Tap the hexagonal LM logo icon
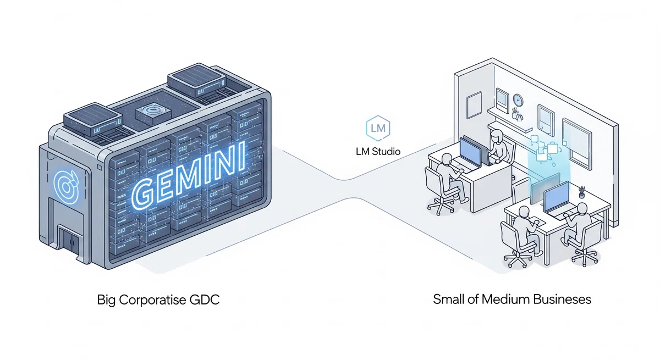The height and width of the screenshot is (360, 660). pyautogui.click(x=378, y=129)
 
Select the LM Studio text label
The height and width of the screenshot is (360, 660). pyautogui.click(x=378, y=152)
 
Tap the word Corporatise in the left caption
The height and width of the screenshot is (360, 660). pyautogui.click(x=153, y=300)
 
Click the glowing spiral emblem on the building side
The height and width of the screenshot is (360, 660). pyautogui.click(x=67, y=186)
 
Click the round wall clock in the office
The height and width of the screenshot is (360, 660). pyautogui.click(x=518, y=100)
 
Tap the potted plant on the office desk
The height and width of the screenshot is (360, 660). pyautogui.click(x=581, y=192)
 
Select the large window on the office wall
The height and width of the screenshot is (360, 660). pyautogui.click(x=576, y=144)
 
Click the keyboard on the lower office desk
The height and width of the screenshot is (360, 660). pyautogui.click(x=538, y=221)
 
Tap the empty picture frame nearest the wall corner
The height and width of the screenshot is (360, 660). pyautogui.click(x=474, y=105)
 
